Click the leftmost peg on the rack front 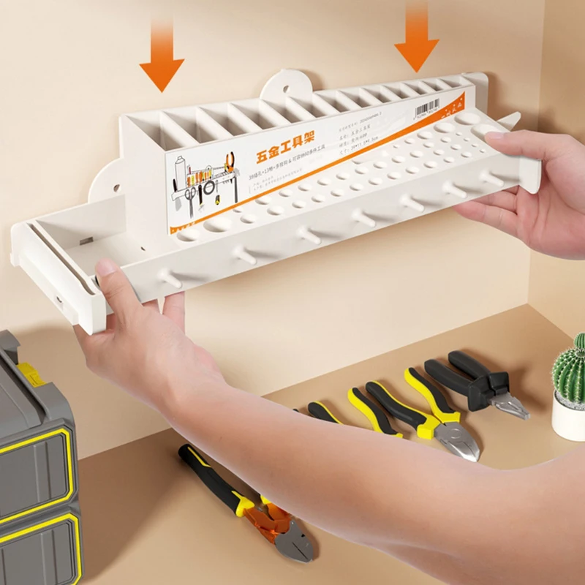(x=169, y=279)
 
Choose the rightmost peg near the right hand (x=492, y=178)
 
